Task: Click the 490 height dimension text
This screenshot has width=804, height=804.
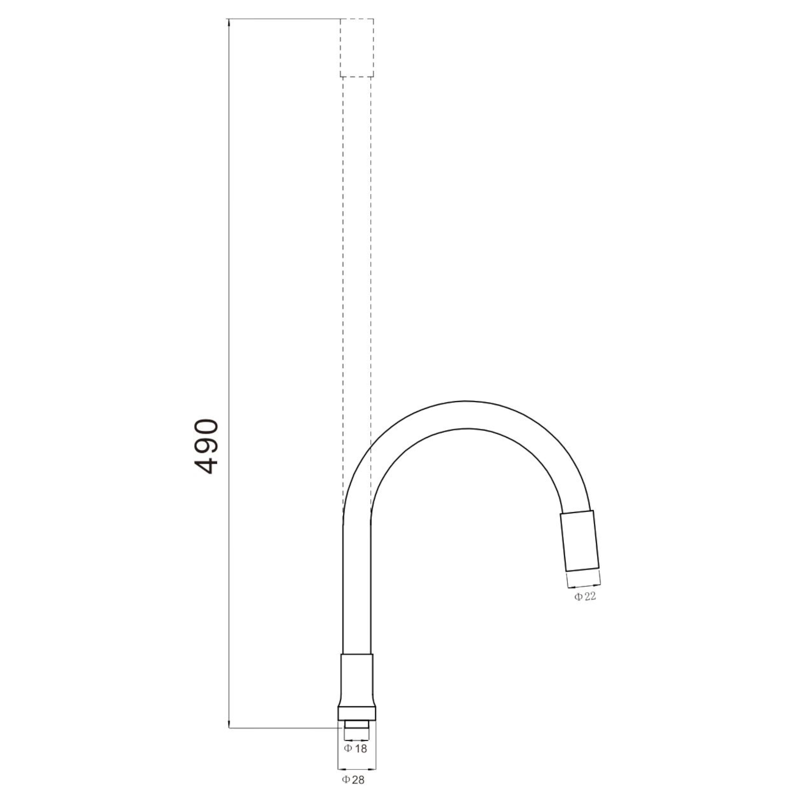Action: (206, 447)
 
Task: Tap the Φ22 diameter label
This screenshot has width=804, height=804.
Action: (585, 597)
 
